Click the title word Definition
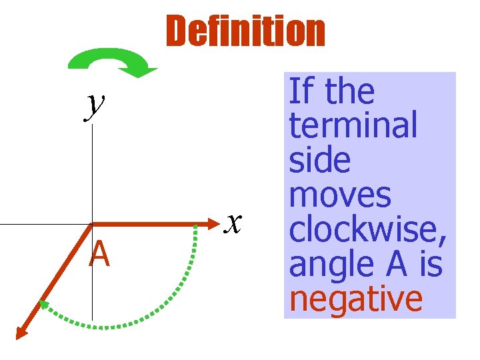point(245,32)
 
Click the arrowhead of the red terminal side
point(22,332)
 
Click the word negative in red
point(356,299)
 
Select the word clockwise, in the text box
point(367,230)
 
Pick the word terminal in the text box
point(353,125)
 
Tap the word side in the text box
point(319,160)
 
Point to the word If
point(300,91)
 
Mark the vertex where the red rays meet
point(92,224)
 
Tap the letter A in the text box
point(397,264)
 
